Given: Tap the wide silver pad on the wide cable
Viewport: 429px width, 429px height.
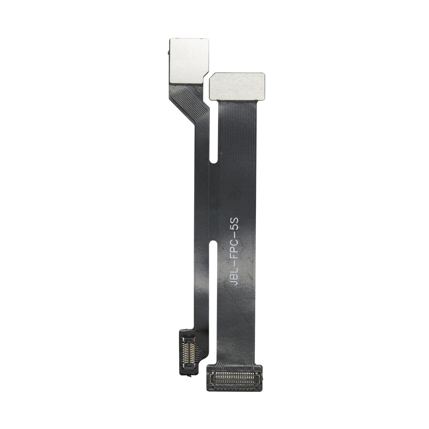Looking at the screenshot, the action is point(237,87).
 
